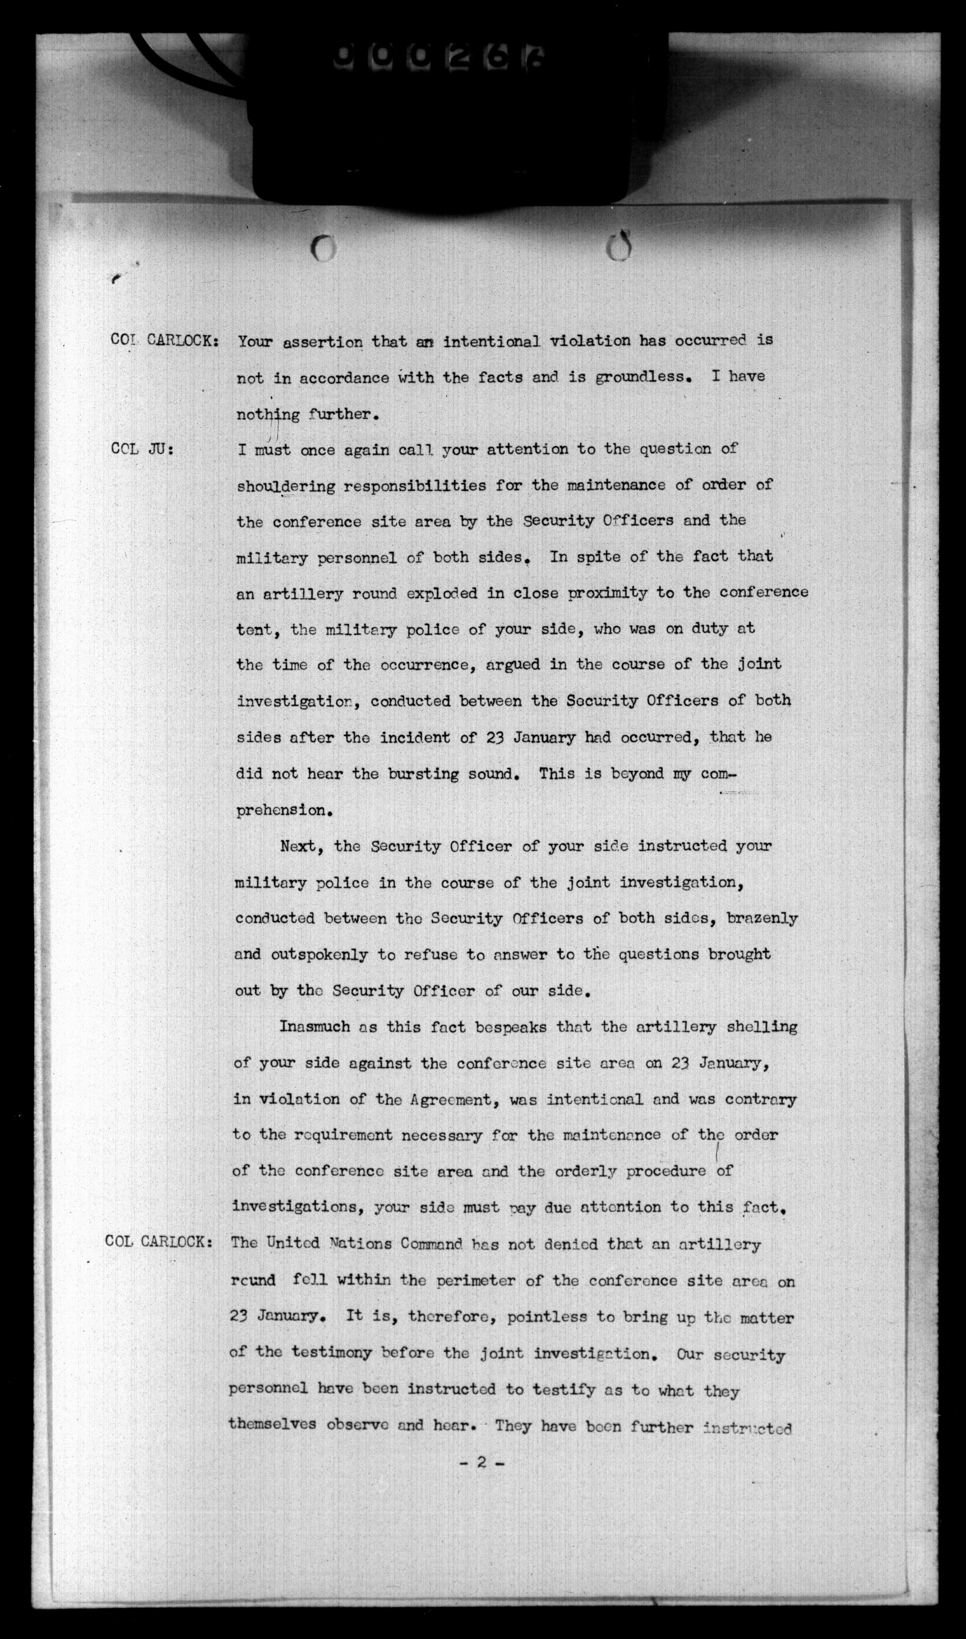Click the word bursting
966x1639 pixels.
(424, 774)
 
